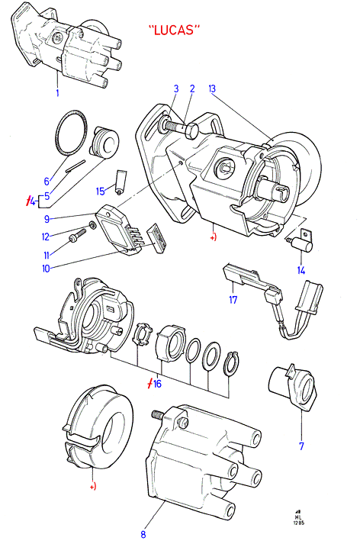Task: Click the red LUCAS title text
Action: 175,30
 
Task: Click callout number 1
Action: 57,92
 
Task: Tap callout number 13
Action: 212,89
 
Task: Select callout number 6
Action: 47,181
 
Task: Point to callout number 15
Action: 100,192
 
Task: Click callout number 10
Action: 46,268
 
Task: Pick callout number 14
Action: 301,270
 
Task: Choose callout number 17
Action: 233,299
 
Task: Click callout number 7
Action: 301,446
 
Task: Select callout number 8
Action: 143,534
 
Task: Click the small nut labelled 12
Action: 92,225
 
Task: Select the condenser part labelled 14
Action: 301,241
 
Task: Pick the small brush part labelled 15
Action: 121,182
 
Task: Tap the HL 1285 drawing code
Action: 298,518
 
